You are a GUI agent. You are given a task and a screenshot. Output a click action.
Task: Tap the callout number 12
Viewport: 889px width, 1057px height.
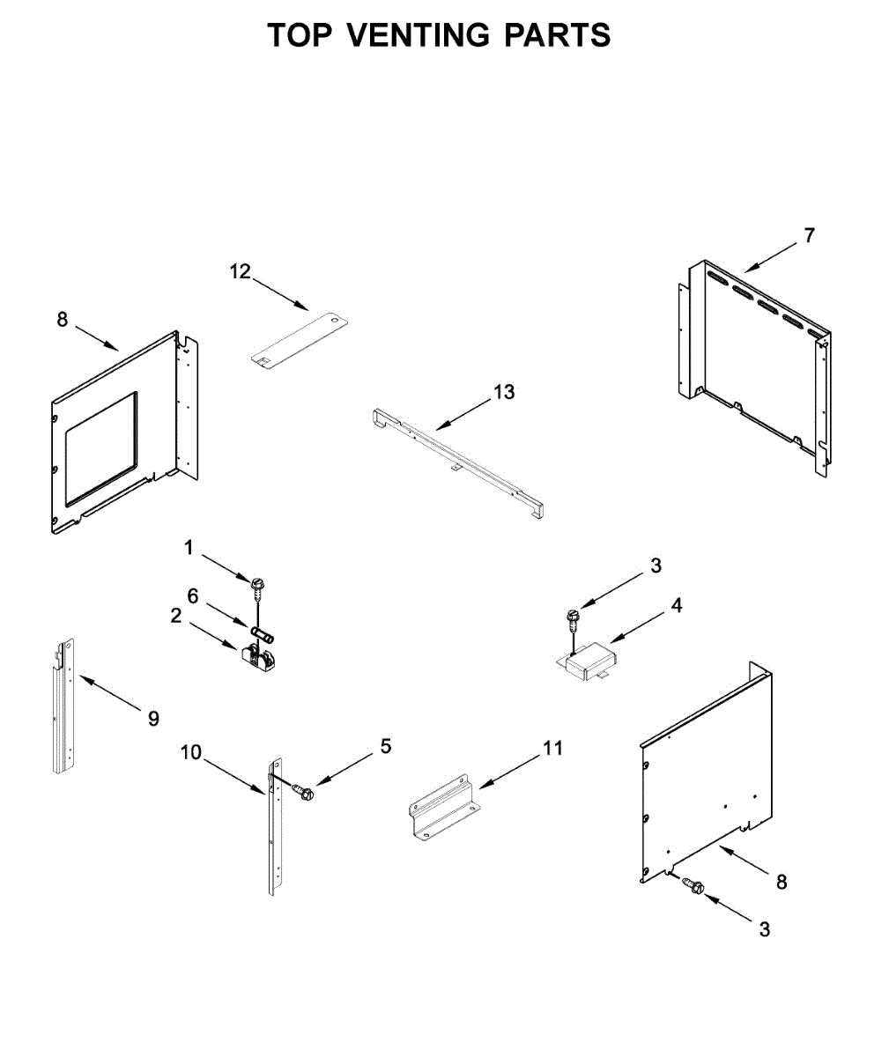[x=241, y=271]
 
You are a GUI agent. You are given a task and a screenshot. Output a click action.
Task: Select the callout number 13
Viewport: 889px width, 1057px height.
[x=504, y=391]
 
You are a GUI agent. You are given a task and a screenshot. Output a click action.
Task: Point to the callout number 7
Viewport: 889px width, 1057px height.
[x=809, y=235]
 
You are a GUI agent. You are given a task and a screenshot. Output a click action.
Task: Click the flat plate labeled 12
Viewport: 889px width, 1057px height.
[x=300, y=339]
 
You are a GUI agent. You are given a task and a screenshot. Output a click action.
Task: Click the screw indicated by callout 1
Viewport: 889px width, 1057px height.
[x=258, y=585]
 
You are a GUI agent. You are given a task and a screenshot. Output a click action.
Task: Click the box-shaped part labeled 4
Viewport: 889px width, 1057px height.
[x=591, y=660]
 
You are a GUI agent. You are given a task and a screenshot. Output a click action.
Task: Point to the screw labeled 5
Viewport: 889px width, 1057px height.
[x=305, y=793]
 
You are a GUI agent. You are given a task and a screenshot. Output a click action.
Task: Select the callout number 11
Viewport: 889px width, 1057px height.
[x=552, y=749]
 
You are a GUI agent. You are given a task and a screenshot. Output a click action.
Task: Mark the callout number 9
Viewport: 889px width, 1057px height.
[x=154, y=719]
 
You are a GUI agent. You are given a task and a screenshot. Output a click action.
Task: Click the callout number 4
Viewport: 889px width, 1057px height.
[x=676, y=605]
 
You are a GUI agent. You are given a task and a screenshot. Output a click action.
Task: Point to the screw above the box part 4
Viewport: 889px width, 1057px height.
[x=572, y=617]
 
